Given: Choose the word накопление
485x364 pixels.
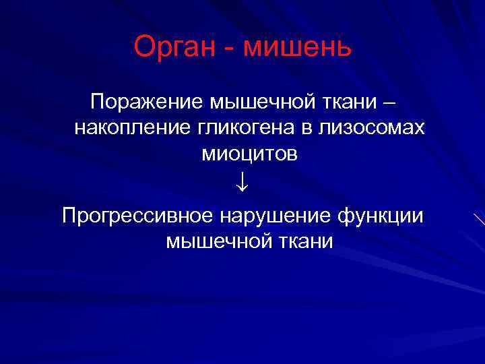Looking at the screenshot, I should click(x=128, y=128).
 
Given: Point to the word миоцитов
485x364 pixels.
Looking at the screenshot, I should click(x=249, y=154).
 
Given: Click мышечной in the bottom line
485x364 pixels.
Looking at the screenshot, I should click(x=212, y=241).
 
